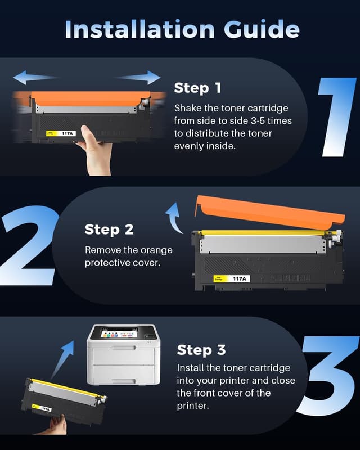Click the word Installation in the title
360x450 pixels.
[139, 29]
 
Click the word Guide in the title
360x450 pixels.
[262, 29]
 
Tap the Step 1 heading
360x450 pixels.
[197, 88]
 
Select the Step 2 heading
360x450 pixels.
[109, 229]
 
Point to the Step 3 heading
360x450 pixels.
[201, 350]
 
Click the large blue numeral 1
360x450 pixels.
[337, 117]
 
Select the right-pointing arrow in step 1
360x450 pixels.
[138, 77]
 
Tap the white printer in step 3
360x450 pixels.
[123, 355]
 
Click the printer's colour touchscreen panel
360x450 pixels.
[118, 333]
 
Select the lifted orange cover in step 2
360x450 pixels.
[269, 212]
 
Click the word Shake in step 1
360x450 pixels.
[188, 108]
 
